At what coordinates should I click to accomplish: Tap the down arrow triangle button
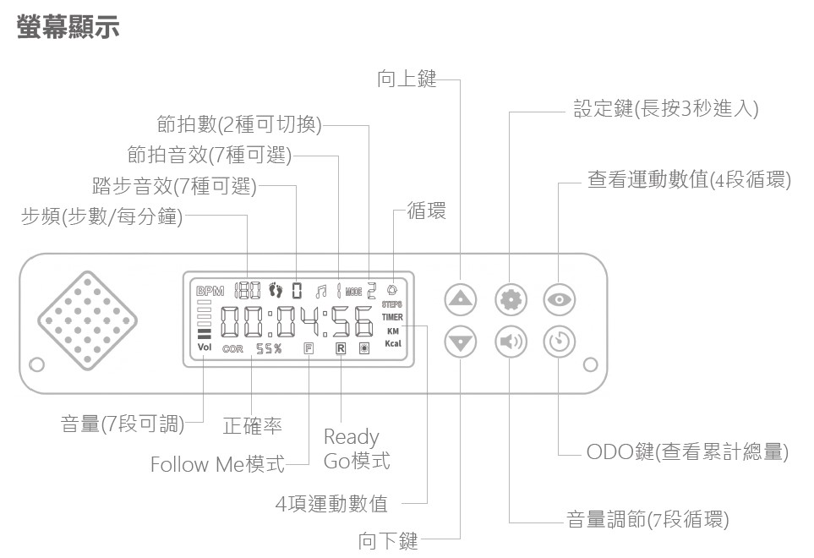(x=460, y=342)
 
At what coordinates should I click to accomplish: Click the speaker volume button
(x=511, y=342)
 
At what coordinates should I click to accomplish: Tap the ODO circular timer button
(x=560, y=342)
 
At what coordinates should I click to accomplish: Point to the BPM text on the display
(x=210, y=291)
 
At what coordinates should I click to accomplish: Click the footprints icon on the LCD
(x=275, y=290)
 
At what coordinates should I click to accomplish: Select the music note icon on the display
(x=322, y=291)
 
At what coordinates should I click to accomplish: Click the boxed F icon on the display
(x=309, y=347)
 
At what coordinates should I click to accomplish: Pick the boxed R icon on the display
(x=340, y=347)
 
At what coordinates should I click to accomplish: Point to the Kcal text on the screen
(x=393, y=344)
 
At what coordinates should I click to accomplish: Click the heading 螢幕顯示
(x=68, y=26)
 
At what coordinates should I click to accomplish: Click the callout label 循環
(x=427, y=211)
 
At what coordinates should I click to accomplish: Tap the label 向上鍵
(x=407, y=79)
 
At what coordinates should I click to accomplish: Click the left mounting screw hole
(x=36, y=366)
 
